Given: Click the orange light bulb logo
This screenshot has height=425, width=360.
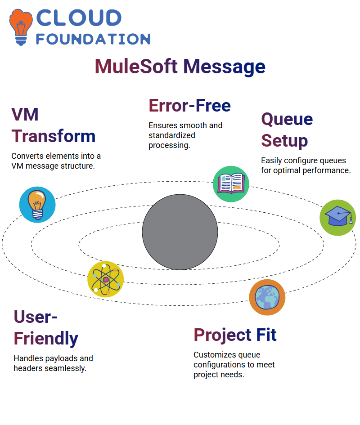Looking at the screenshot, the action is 21,27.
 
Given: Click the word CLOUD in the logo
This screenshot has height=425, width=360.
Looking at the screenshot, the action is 79,18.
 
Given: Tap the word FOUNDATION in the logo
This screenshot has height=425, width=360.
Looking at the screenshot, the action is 93,39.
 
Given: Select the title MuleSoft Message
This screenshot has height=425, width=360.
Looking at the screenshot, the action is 180,67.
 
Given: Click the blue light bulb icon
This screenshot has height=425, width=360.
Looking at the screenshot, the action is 37,205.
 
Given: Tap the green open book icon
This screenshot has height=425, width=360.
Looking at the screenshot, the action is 231,184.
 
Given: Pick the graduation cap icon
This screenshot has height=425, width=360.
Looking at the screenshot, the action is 338,218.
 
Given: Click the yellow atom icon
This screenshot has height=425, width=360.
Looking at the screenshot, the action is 106,279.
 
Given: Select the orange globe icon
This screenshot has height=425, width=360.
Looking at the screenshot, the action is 267,297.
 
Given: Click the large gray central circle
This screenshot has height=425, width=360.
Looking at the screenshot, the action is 180,232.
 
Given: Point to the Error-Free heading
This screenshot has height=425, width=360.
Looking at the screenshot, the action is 189,105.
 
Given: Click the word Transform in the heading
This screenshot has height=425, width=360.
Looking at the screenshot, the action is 54,136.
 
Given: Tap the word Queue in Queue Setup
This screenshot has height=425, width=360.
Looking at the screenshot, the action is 287,120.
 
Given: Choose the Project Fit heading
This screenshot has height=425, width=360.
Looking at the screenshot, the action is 235,335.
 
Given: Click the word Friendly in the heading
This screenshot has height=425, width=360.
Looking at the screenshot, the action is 46,339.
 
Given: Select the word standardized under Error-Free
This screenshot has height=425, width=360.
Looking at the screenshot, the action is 172,135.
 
